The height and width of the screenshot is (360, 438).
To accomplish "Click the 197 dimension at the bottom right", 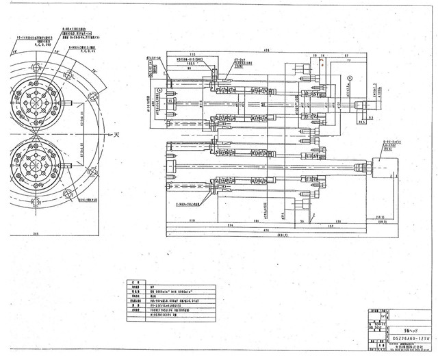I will (328, 224).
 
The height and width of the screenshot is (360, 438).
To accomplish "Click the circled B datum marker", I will (349, 78).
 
